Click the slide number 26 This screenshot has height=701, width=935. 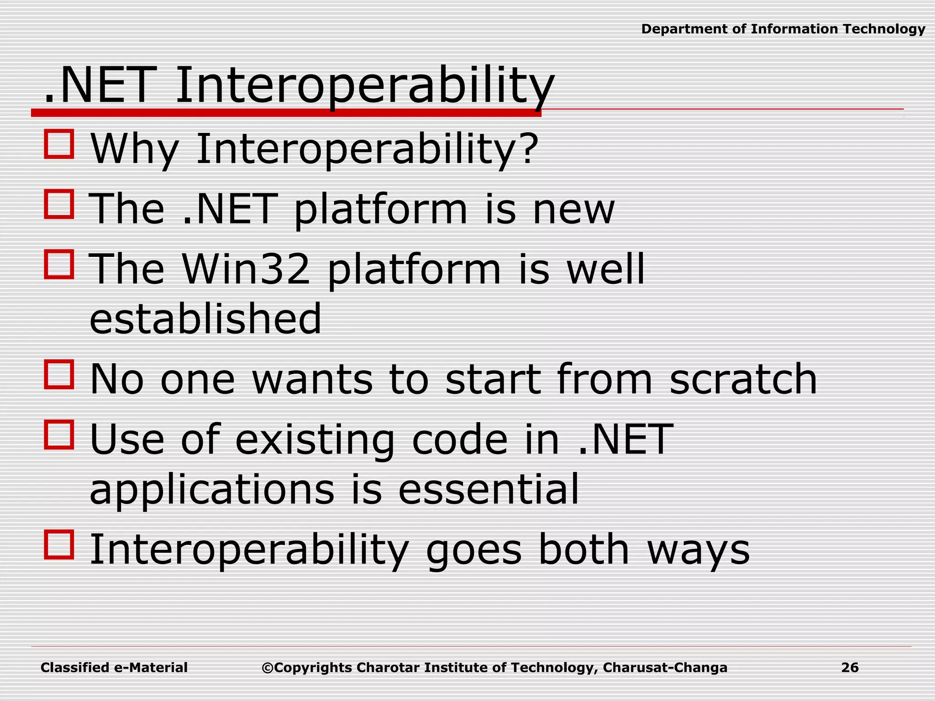click(850, 668)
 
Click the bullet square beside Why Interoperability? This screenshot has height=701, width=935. click(59, 144)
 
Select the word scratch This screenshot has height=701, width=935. click(743, 379)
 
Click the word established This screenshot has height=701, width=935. click(205, 319)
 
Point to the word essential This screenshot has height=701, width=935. click(489, 489)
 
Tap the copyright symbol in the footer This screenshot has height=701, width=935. click(267, 668)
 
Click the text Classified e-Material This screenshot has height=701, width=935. click(114, 668)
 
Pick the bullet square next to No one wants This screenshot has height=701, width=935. click(59, 375)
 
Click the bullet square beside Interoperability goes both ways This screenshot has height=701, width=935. click(59, 544)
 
